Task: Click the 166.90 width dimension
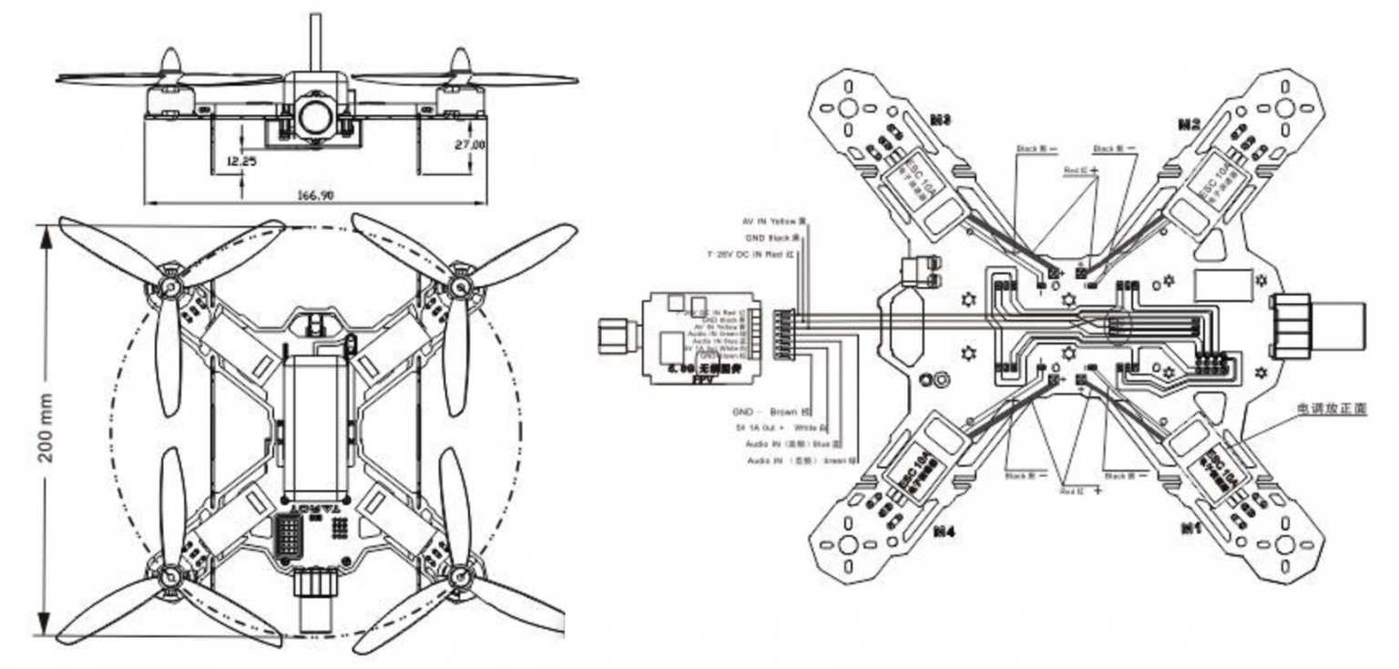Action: [x=314, y=194]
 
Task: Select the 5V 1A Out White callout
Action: [x=781, y=427]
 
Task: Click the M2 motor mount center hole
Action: [x=1285, y=108]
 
